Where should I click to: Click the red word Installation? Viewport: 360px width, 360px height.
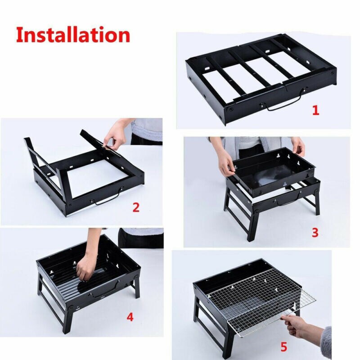tap(73, 35)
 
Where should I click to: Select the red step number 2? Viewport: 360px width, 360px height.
tap(136, 207)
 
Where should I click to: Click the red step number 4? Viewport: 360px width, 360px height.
tap(130, 317)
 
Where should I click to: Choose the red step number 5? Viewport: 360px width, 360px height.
tap(283, 346)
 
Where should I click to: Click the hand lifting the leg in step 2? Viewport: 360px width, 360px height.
tap(115, 135)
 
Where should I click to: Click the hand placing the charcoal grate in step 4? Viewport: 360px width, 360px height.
tap(85, 270)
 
